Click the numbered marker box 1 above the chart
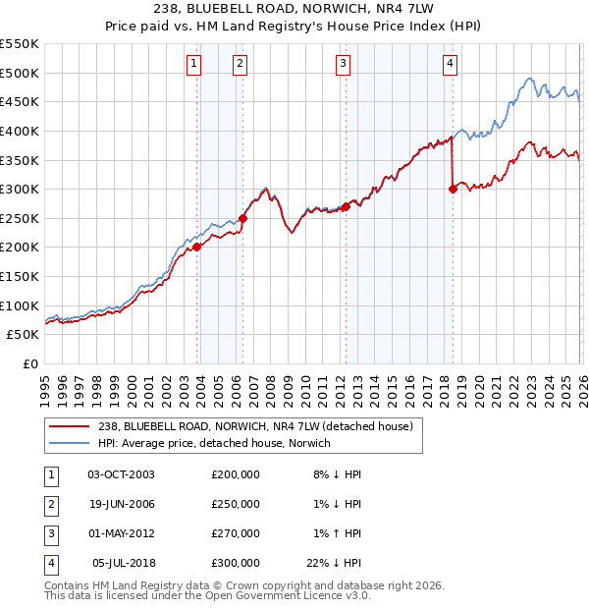[193, 65]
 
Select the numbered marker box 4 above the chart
[450, 65]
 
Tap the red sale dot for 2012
[346, 207]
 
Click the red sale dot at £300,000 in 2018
[453, 190]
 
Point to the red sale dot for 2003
[197, 248]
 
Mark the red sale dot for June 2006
[243, 218]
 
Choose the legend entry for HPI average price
[215, 443]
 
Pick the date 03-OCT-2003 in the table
[121, 473]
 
